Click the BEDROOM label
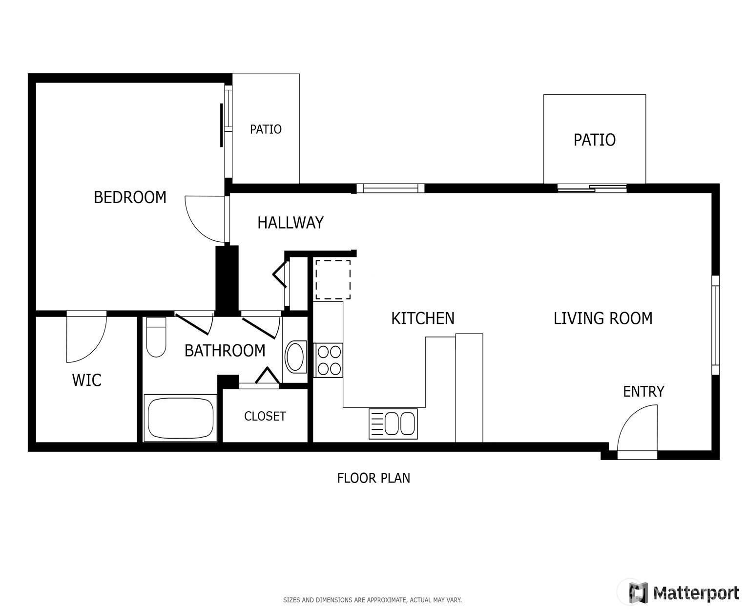click(130, 197)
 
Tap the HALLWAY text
click(290, 223)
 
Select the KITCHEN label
click(422, 318)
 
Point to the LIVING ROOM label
click(603, 318)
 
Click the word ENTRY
click(643, 392)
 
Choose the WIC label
click(87, 380)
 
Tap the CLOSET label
click(265, 416)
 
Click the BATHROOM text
click(225, 351)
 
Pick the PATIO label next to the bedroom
click(266, 129)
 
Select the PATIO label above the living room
click(594, 140)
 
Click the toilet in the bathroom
click(156, 337)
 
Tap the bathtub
click(180, 418)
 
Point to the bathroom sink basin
click(294, 357)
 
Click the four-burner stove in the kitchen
click(329, 360)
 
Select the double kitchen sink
click(393, 424)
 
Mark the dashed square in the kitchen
click(333, 280)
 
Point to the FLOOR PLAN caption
click(373, 478)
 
